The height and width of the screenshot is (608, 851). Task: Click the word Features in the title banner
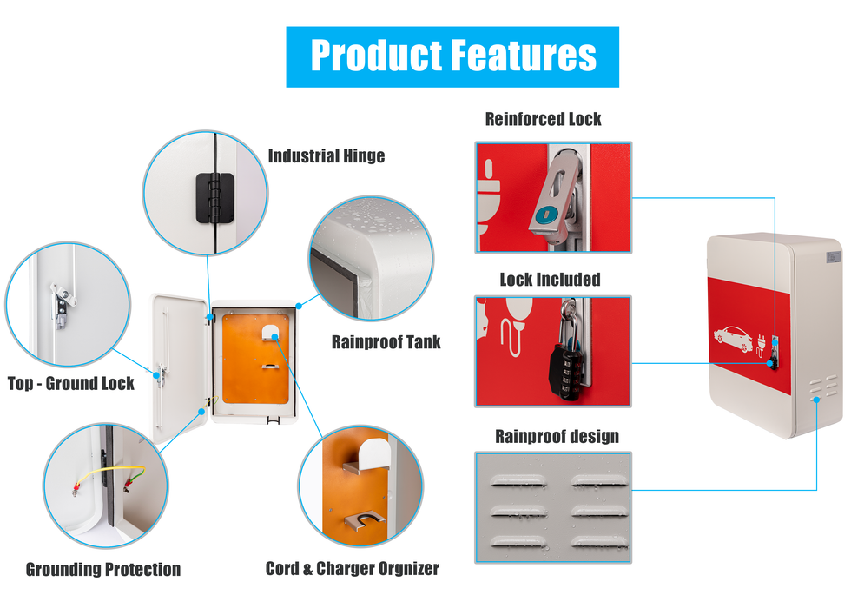pos(525,56)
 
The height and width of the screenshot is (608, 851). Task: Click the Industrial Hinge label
pos(326,156)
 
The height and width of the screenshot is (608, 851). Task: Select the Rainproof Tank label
pos(386,342)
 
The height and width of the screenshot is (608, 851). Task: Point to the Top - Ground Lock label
pos(70,383)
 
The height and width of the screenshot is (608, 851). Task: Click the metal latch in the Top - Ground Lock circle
pos(63,301)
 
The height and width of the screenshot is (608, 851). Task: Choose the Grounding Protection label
pos(102,570)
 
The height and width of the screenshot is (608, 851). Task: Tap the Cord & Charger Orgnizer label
pos(352,569)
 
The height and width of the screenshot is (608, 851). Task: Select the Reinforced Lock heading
pos(543,119)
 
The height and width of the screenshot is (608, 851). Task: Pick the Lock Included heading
pos(550,280)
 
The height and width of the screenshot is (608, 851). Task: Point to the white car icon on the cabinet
pos(733,338)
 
